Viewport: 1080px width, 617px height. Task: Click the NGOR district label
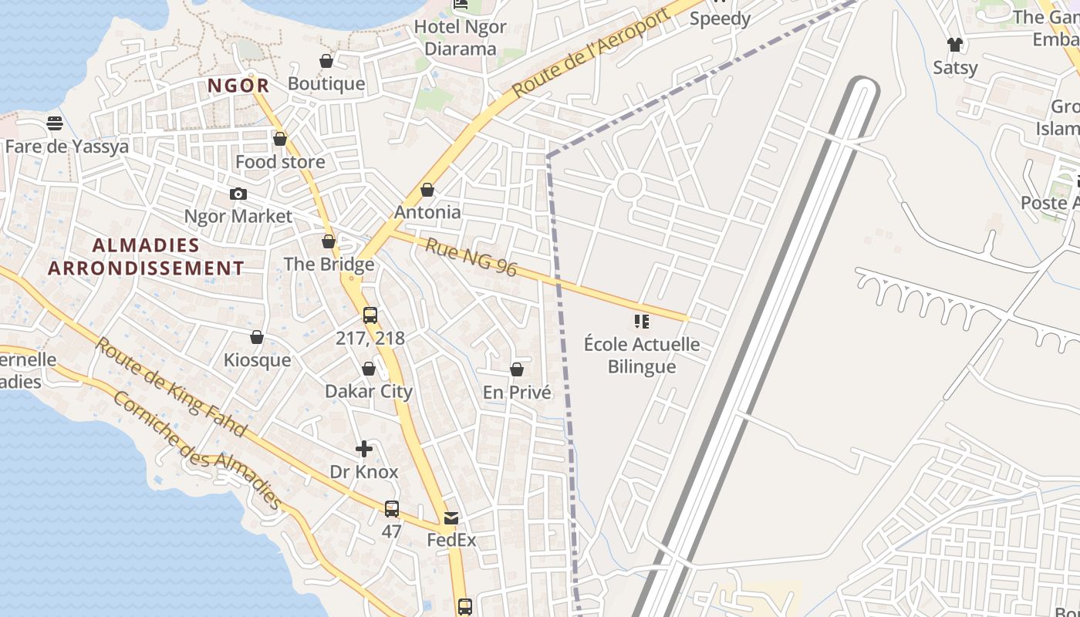click(x=238, y=86)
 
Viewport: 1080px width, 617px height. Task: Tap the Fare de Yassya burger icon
click(x=54, y=123)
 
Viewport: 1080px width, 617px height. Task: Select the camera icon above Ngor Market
click(x=238, y=194)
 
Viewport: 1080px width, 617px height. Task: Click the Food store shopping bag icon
click(x=280, y=139)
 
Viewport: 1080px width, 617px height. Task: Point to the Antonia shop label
click(x=427, y=211)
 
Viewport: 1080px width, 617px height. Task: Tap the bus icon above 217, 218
click(x=370, y=315)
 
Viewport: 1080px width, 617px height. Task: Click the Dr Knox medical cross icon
click(x=364, y=448)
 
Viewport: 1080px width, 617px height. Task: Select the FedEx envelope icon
click(x=451, y=518)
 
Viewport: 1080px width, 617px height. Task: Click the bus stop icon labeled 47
click(x=392, y=509)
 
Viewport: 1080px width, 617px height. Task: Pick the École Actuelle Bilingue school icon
click(x=641, y=321)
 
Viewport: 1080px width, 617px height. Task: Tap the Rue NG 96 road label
click(x=471, y=258)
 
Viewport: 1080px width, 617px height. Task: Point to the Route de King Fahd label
click(x=170, y=386)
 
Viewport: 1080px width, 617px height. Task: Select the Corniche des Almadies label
click(x=197, y=450)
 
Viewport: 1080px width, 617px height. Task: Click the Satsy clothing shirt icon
click(x=955, y=45)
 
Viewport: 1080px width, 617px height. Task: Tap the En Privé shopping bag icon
click(x=517, y=370)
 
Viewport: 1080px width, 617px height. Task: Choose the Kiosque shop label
click(x=257, y=360)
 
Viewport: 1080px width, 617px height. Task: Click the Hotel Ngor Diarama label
click(x=461, y=38)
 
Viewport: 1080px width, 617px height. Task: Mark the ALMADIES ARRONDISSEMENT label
click(x=147, y=257)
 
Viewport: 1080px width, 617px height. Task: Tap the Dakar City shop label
click(x=369, y=391)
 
